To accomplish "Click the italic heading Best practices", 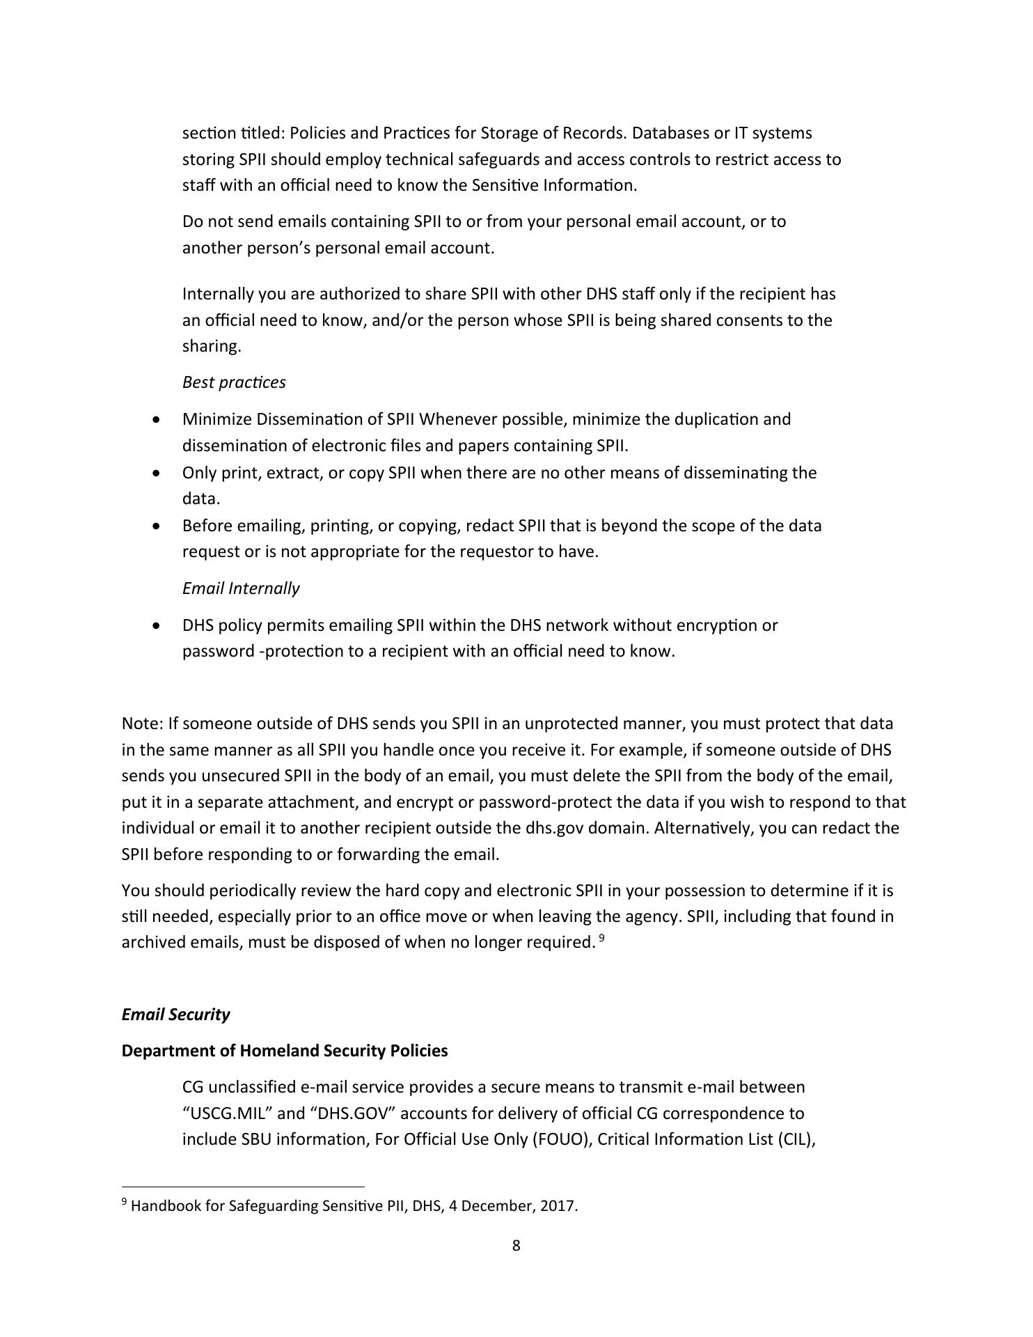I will click(234, 382).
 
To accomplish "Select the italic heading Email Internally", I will click(241, 588).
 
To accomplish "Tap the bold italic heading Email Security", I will click(175, 1014).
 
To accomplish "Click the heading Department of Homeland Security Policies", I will click(284, 1050).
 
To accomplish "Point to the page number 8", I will click(516, 1245).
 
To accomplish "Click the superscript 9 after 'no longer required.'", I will click(601, 938).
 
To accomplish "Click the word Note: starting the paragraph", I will click(142, 724).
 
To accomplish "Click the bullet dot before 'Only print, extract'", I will click(159, 473).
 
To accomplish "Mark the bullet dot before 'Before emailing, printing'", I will click(159, 526).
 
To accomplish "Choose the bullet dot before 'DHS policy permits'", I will click(159, 625).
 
